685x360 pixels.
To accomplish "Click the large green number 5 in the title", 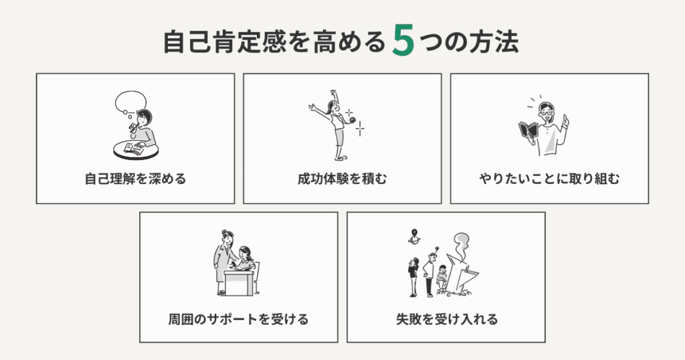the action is tap(403, 41).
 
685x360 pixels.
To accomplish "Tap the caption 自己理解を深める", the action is tap(135, 179).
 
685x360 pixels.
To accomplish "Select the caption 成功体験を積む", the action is tap(342, 179).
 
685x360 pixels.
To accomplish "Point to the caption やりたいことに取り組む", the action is tap(549, 179).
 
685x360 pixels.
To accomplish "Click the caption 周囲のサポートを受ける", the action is tap(239, 319).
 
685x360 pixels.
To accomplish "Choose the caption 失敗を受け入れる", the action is tap(446, 319).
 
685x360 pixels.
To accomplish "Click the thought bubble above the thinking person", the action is tap(130, 101).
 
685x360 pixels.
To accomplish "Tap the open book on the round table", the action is tap(134, 149).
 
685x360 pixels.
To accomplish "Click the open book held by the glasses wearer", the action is tap(528, 130).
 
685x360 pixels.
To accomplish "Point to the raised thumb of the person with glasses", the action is tap(565, 119).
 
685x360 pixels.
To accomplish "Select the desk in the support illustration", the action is tap(239, 282).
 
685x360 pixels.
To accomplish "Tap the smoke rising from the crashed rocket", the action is tap(462, 246).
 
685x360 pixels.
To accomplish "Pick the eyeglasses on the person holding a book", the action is tap(546, 112).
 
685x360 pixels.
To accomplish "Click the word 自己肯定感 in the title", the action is tap(225, 42).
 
